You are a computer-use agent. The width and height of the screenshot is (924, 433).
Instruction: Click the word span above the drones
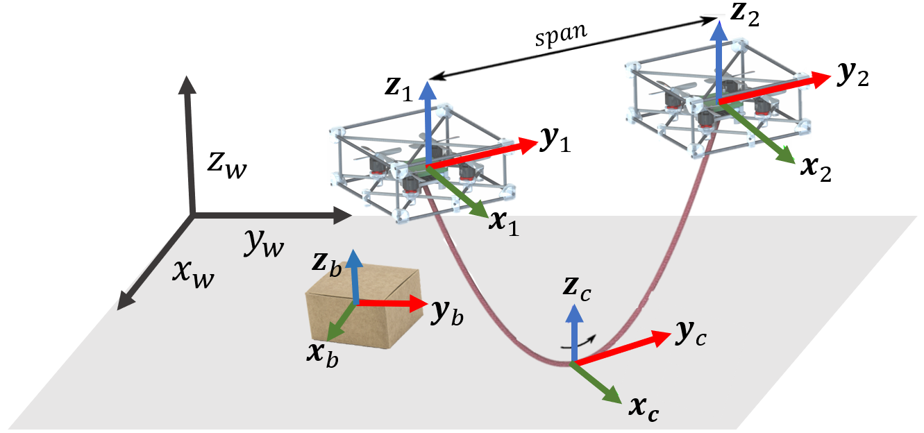[562, 35]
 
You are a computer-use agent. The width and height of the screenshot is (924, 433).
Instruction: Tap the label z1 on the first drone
[398, 89]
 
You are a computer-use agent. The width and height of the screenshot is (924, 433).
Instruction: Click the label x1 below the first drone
[504, 223]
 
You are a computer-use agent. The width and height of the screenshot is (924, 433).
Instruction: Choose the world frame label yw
[264, 244]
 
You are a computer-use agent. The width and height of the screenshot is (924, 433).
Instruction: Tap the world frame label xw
[193, 273]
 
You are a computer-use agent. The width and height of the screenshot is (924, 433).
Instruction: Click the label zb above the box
[326, 263]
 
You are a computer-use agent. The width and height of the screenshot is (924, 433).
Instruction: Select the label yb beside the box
[447, 313]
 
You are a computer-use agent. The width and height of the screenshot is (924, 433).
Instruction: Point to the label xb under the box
[322, 354]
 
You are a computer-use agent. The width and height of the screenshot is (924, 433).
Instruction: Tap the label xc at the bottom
[644, 409]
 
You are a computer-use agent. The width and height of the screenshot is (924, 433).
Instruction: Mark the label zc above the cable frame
[577, 288]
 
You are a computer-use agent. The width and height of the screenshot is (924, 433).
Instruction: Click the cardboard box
[363, 308]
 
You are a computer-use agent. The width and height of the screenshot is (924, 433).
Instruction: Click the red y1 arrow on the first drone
[482, 153]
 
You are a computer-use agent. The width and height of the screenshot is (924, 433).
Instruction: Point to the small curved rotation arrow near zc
[578, 342]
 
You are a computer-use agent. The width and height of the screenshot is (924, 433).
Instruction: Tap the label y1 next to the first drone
[555, 140]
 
